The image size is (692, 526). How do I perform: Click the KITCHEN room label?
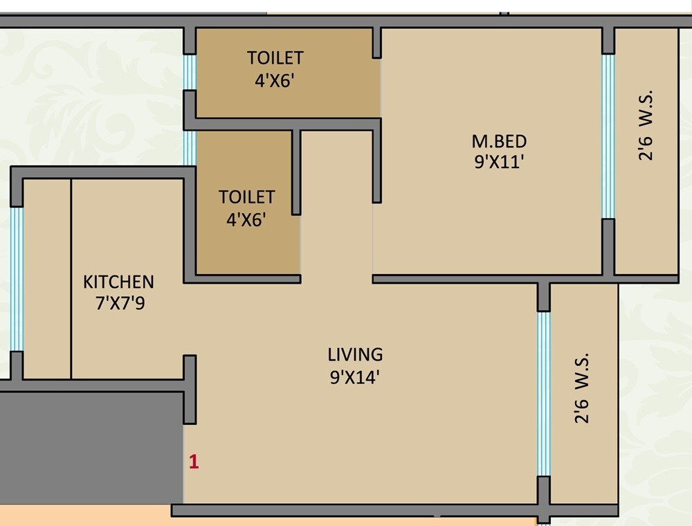[118, 282]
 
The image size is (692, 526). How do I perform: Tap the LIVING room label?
[355, 355]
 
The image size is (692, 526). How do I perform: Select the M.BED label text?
[499, 142]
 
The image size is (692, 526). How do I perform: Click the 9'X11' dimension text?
[499, 164]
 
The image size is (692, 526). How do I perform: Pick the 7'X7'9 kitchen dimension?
[118, 304]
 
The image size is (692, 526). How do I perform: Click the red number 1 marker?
[194, 462]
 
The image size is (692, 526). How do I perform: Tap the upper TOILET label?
[275, 57]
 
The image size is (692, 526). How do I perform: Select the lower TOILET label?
[247, 197]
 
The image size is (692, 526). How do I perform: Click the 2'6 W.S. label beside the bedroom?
[646, 125]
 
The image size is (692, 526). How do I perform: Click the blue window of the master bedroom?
[608, 136]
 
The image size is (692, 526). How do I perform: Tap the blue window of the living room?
[544, 393]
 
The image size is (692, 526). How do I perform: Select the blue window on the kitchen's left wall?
[17, 278]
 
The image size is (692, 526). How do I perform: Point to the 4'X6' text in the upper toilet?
[275, 80]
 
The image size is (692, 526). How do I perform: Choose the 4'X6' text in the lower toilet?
[247, 220]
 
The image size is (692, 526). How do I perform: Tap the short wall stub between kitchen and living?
[190, 389]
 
